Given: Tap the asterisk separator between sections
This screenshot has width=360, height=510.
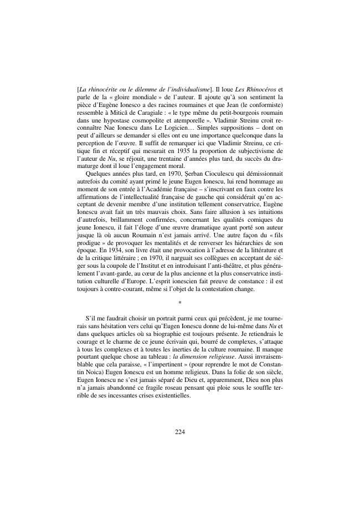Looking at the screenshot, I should click(x=180, y=302).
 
